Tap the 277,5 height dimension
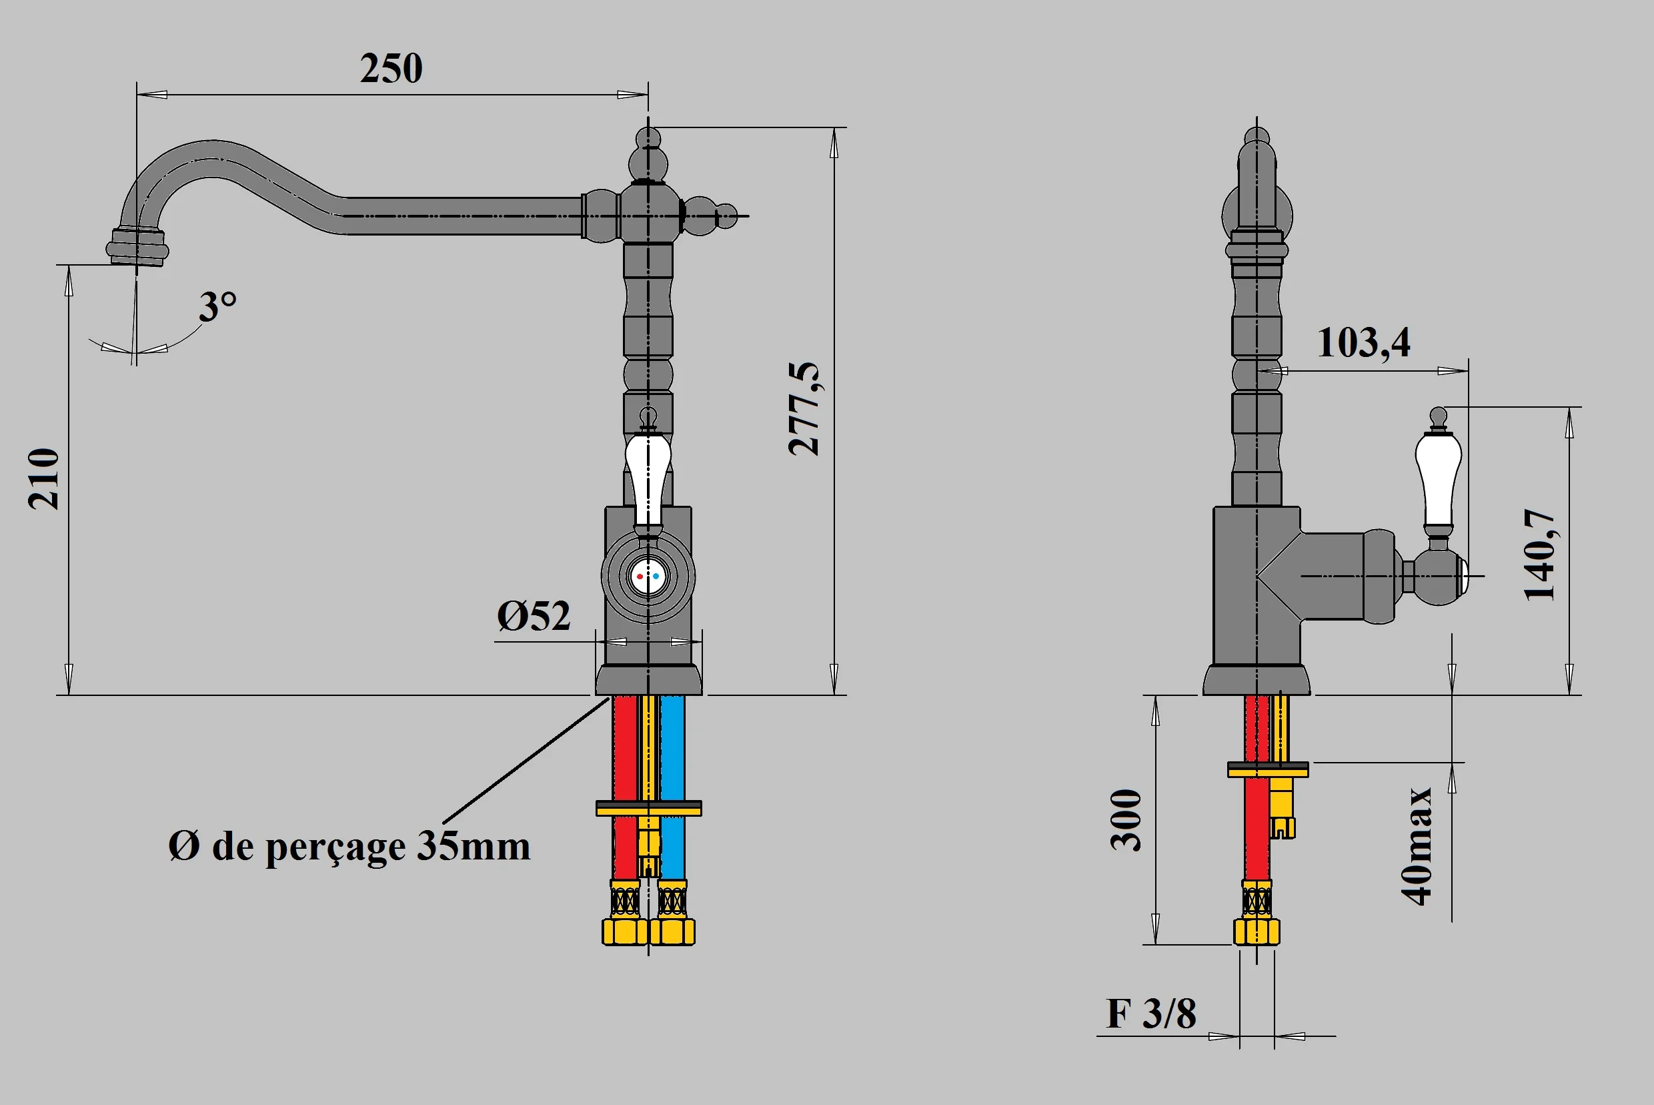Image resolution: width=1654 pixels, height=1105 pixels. [804, 409]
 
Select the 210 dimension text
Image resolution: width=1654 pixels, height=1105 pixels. [43, 478]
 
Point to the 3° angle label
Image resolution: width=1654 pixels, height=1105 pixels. [217, 306]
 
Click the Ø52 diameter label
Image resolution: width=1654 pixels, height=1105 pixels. [534, 617]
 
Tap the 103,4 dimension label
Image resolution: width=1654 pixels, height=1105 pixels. [1363, 343]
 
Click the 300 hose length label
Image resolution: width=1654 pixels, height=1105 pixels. [1126, 820]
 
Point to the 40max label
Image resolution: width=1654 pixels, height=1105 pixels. [1416, 845]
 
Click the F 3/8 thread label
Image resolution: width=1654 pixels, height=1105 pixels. [1150, 1014]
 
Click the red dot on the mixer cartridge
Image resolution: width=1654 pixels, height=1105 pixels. [640, 577]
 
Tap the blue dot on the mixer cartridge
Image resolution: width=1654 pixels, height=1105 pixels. [656, 577]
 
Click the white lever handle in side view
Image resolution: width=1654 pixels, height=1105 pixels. [1438, 479]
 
